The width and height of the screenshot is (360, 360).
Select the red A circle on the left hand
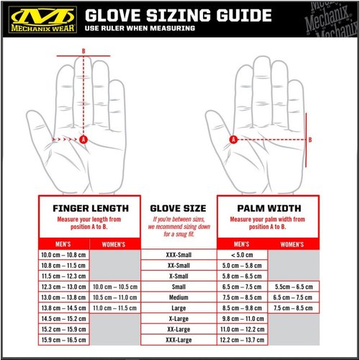(x=84, y=139)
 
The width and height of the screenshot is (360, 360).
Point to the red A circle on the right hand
(x=233, y=139)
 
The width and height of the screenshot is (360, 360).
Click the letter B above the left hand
(x=84, y=50)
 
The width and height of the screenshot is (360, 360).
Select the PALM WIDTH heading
(x=268, y=209)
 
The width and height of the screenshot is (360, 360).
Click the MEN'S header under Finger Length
(x=63, y=244)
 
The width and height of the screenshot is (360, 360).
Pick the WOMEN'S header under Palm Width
(x=292, y=244)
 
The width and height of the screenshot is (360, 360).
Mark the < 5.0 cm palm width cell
(x=242, y=255)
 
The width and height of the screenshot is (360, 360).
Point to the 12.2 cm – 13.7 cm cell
(x=242, y=338)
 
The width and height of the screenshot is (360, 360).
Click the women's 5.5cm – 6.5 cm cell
(x=292, y=286)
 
